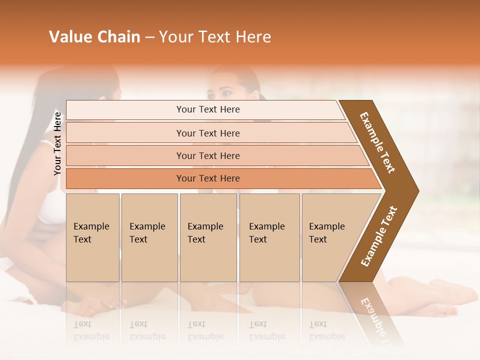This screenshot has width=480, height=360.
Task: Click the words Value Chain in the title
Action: pos(94,37)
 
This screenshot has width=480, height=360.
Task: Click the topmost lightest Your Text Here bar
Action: pos(207,109)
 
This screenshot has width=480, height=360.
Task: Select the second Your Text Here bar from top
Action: pos(207,133)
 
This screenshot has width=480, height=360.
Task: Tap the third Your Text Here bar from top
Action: pos(207,155)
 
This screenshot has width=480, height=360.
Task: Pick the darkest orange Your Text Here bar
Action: pos(207,178)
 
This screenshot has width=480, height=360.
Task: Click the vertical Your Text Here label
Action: pos(57,143)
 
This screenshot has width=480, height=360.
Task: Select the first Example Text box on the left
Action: pos(92,237)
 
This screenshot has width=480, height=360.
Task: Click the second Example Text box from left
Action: pos(149,237)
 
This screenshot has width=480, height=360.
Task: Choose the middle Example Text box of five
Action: pos(208,237)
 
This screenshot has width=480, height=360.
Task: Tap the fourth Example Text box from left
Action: pos(269,237)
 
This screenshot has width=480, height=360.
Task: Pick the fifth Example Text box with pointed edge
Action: pos(330,237)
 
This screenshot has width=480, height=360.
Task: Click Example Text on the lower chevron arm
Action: pos(379,236)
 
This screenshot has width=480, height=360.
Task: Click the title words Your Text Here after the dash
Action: pos(215,37)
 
